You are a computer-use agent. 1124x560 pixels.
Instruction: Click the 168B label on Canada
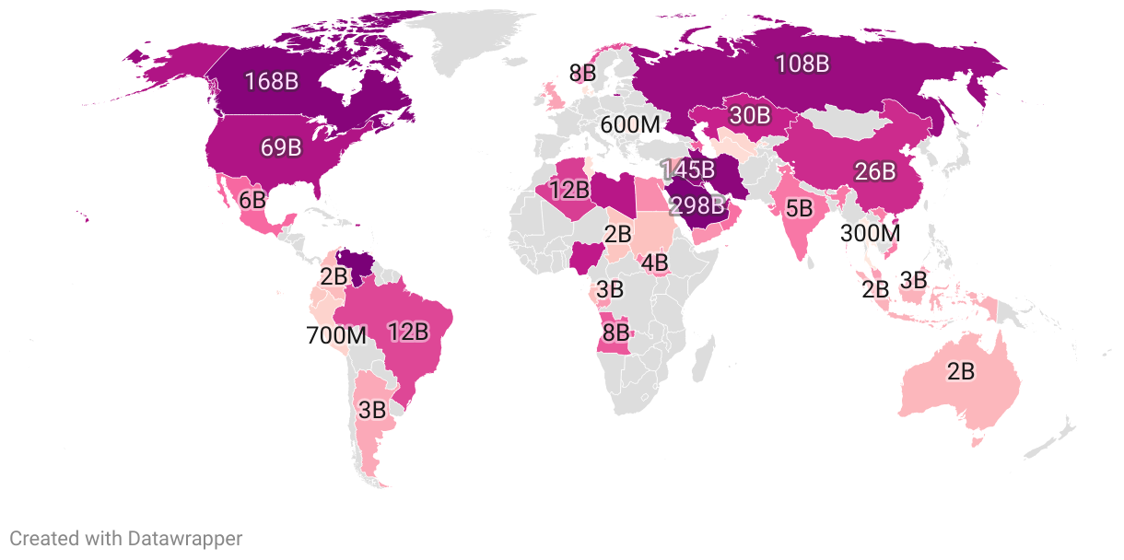point(271,81)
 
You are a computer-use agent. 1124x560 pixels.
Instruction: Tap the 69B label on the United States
point(281,147)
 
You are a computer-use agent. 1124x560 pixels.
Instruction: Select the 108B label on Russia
point(802,64)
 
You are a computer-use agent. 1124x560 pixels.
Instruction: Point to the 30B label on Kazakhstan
point(749,115)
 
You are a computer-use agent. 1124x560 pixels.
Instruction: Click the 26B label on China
point(874,171)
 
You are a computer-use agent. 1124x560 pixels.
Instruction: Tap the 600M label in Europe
point(630,124)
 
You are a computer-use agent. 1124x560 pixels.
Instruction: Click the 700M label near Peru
point(336,335)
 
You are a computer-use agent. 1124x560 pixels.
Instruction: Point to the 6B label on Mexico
point(252,199)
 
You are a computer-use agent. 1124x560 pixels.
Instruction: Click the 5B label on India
point(798,208)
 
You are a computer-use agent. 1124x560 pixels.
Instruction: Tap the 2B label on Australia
point(960,371)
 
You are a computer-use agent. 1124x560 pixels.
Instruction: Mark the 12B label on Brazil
point(408,332)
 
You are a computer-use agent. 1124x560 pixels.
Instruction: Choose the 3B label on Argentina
point(372,411)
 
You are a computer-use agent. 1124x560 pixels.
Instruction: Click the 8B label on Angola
point(615,332)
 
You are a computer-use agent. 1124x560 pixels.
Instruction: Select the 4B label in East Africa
point(654,263)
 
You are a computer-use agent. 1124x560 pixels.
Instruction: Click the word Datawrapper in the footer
point(184,539)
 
